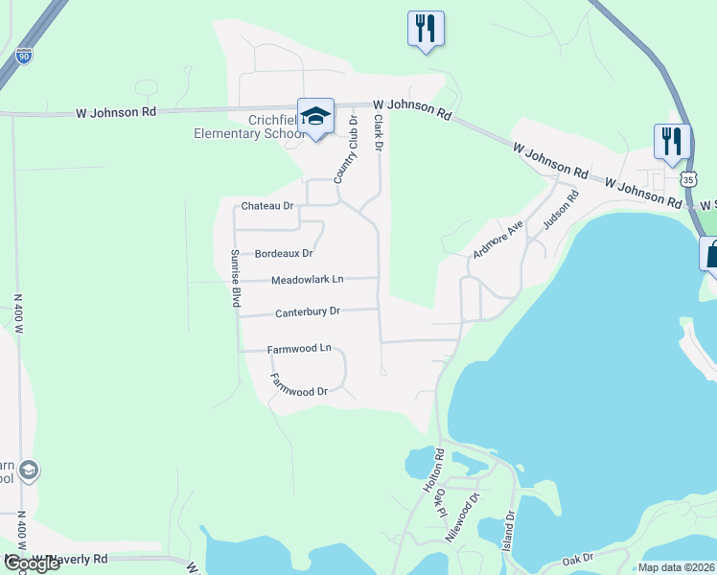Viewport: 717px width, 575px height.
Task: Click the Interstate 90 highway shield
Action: click(24, 57)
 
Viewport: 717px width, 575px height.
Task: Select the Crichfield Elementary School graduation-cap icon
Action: click(315, 117)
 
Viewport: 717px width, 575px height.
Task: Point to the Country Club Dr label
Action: click(346, 149)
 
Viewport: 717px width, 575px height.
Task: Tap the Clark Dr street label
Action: click(379, 133)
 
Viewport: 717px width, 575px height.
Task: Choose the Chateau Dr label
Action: click(267, 206)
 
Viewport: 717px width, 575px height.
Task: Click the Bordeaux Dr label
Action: click(285, 254)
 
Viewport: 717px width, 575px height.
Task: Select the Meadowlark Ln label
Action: click(307, 280)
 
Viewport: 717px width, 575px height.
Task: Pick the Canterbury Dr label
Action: click(308, 312)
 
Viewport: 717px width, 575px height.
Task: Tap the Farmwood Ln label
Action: click(299, 349)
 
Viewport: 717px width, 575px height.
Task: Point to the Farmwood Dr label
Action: click(299, 385)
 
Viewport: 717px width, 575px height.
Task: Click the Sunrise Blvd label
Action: click(234, 278)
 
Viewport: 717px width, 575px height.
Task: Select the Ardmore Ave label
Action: click(497, 240)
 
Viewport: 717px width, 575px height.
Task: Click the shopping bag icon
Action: click(710, 256)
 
